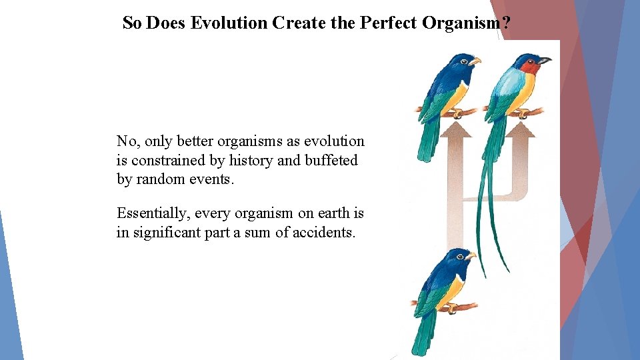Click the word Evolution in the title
(229, 23)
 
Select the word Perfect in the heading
(389, 23)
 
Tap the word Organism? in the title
(467, 23)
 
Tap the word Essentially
(153, 213)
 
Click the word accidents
(323, 233)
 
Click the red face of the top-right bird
(530, 67)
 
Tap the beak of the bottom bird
(471, 255)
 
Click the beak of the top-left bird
(475, 61)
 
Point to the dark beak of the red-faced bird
(545, 61)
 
